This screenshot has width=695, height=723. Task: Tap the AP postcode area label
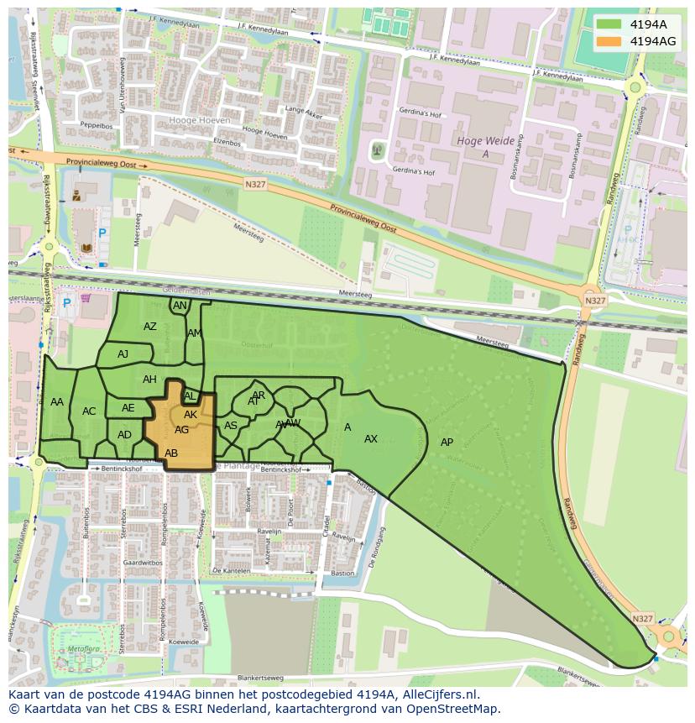coord(447,443)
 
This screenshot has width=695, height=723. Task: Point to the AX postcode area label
coord(371,439)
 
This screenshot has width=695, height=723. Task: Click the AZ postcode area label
coord(150,327)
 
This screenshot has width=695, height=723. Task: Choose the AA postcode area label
coord(57,402)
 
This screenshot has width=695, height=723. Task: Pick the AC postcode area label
coord(89,411)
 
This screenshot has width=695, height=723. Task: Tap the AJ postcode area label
coord(123,354)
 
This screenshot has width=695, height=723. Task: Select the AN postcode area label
coord(180,306)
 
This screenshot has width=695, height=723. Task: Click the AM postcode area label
coord(195,333)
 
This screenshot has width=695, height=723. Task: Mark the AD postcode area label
coord(125,435)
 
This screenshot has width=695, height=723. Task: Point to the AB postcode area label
coord(171,453)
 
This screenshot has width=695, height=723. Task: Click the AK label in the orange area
coord(191,415)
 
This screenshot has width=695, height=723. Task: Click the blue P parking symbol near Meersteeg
coord(102,233)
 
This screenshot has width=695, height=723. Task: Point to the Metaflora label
coord(82,649)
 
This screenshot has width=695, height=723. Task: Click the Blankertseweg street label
coord(260,678)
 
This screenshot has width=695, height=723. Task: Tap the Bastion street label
coord(342,574)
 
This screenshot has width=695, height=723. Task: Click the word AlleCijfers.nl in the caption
coord(439,694)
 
